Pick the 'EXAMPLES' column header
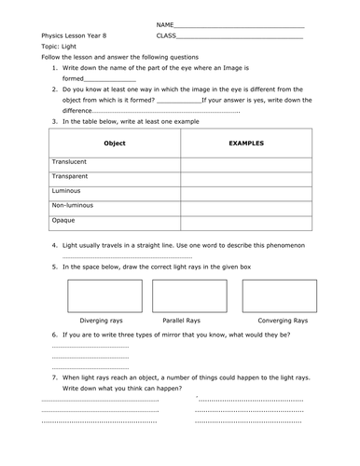pyautogui.click(x=247, y=144)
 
